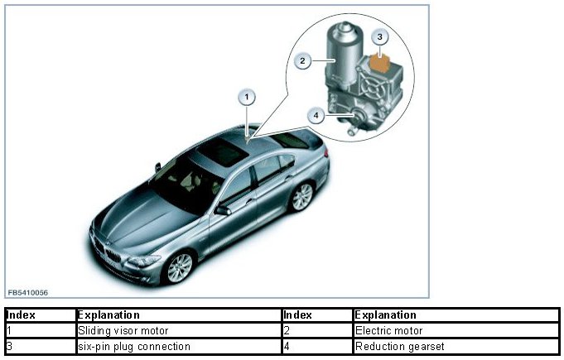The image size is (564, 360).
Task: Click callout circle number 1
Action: pos(246,98)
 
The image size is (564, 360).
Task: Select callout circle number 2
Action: pos(304,60)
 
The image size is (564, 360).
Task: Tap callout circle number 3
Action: pos(379,36)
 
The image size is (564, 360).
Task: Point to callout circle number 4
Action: pos(316,116)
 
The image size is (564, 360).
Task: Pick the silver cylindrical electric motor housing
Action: pos(340,58)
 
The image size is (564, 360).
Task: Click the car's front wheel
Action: pos(178,266)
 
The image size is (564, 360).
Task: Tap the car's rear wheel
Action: pos(302,196)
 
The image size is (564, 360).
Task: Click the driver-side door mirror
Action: pos(223,210)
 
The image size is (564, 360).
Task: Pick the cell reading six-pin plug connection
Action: pos(133,346)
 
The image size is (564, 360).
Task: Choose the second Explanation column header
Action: pos(385,315)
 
